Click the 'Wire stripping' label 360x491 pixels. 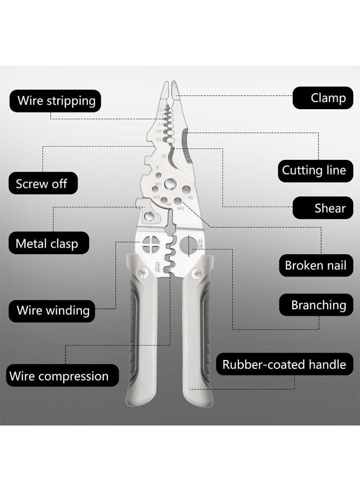click(56, 100)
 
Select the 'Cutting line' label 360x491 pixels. click(314, 170)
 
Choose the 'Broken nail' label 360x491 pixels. click(315, 266)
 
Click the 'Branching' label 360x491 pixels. click(318, 305)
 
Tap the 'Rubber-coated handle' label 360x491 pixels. click(284, 364)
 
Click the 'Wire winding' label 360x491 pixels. click(53, 310)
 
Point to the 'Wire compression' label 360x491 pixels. click(58, 376)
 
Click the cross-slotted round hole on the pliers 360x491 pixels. click(151, 246)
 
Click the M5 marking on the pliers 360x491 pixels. click(190, 197)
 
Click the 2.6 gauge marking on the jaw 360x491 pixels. click(159, 140)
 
